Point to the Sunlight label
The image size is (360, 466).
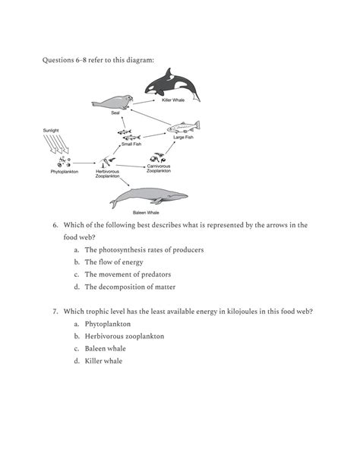pyautogui.click(x=52, y=131)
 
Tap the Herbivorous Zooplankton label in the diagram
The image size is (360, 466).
pyautogui.click(x=107, y=174)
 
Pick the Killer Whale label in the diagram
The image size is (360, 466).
pyautogui.click(x=173, y=100)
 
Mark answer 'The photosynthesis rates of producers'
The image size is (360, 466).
pyautogui.click(x=144, y=249)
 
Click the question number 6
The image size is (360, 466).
pyautogui.click(x=55, y=225)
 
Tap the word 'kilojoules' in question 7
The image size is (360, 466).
pyautogui.click(x=247, y=311)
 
